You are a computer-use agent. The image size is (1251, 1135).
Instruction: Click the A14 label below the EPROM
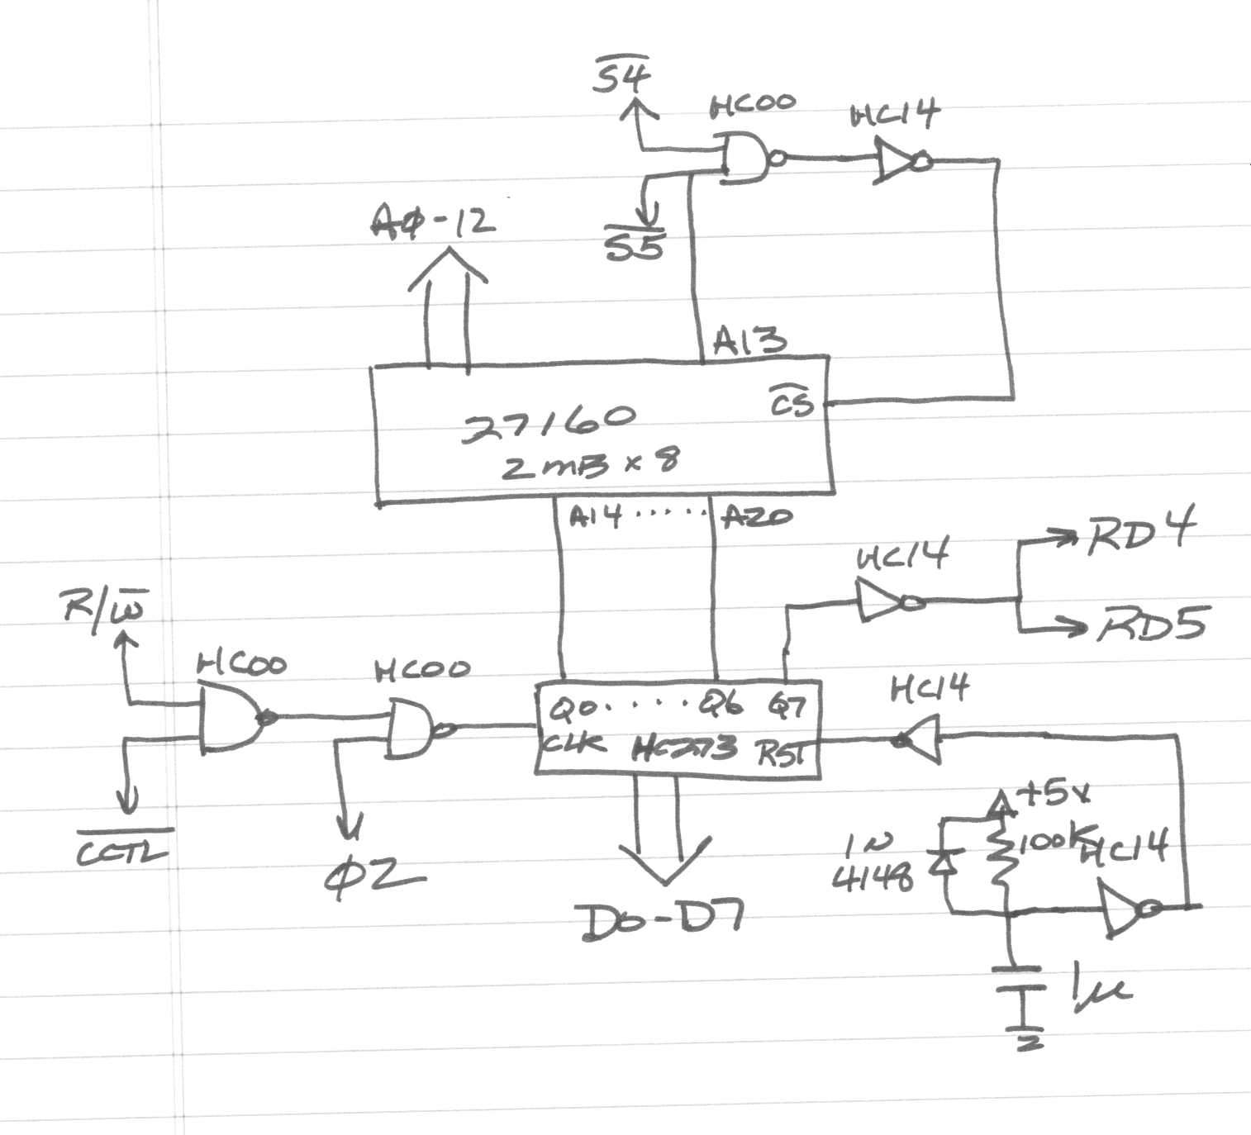tap(595, 518)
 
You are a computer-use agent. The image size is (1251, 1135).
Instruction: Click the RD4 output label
tap(1139, 535)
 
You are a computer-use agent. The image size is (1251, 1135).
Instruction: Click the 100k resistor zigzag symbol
tap(1001, 859)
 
